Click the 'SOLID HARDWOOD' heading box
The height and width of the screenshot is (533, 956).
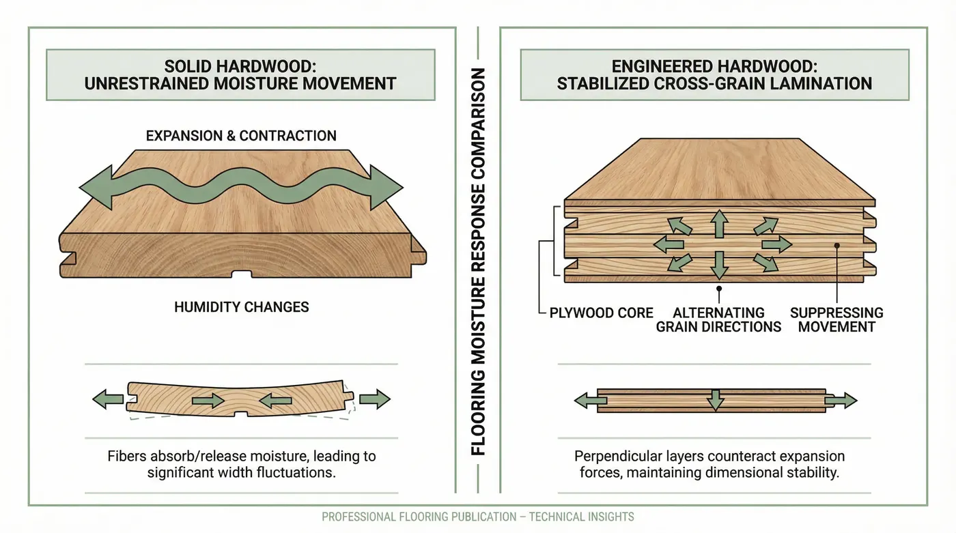tap(240, 74)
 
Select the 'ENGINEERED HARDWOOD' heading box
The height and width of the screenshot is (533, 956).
tap(714, 74)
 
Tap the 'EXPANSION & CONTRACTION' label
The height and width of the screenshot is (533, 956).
tap(241, 135)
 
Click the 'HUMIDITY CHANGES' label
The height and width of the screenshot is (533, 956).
tap(241, 306)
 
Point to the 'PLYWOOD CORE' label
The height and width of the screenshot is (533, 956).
tap(602, 313)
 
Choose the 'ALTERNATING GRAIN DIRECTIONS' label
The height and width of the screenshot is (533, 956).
tap(718, 319)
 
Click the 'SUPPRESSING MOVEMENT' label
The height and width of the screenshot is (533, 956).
tap(836, 319)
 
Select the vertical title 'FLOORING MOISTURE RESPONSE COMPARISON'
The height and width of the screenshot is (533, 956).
tap(478, 262)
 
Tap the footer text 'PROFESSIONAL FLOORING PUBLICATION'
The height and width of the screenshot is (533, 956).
tap(477, 517)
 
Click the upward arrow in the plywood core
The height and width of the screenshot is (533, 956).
tap(718, 223)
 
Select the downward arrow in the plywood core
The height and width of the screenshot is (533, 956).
tap(718, 265)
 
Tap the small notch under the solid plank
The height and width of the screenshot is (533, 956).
tap(241, 275)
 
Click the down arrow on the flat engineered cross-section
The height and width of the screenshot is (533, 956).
tap(715, 400)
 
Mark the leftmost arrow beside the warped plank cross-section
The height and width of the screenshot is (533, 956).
tap(107, 399)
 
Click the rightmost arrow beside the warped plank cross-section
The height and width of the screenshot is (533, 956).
tap(374, 399)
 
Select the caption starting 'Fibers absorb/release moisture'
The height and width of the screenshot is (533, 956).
tap(241, 463)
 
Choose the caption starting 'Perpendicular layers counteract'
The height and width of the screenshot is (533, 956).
tap(709, 463)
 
